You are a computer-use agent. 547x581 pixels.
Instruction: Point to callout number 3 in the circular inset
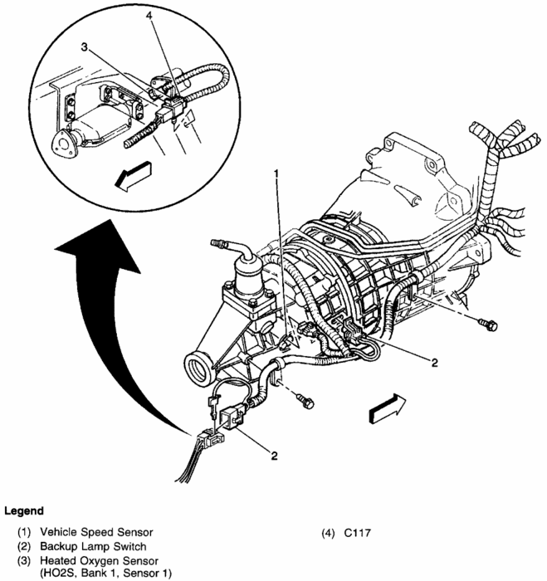pos(85,47)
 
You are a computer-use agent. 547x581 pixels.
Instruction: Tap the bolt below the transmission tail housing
pos(305,403)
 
